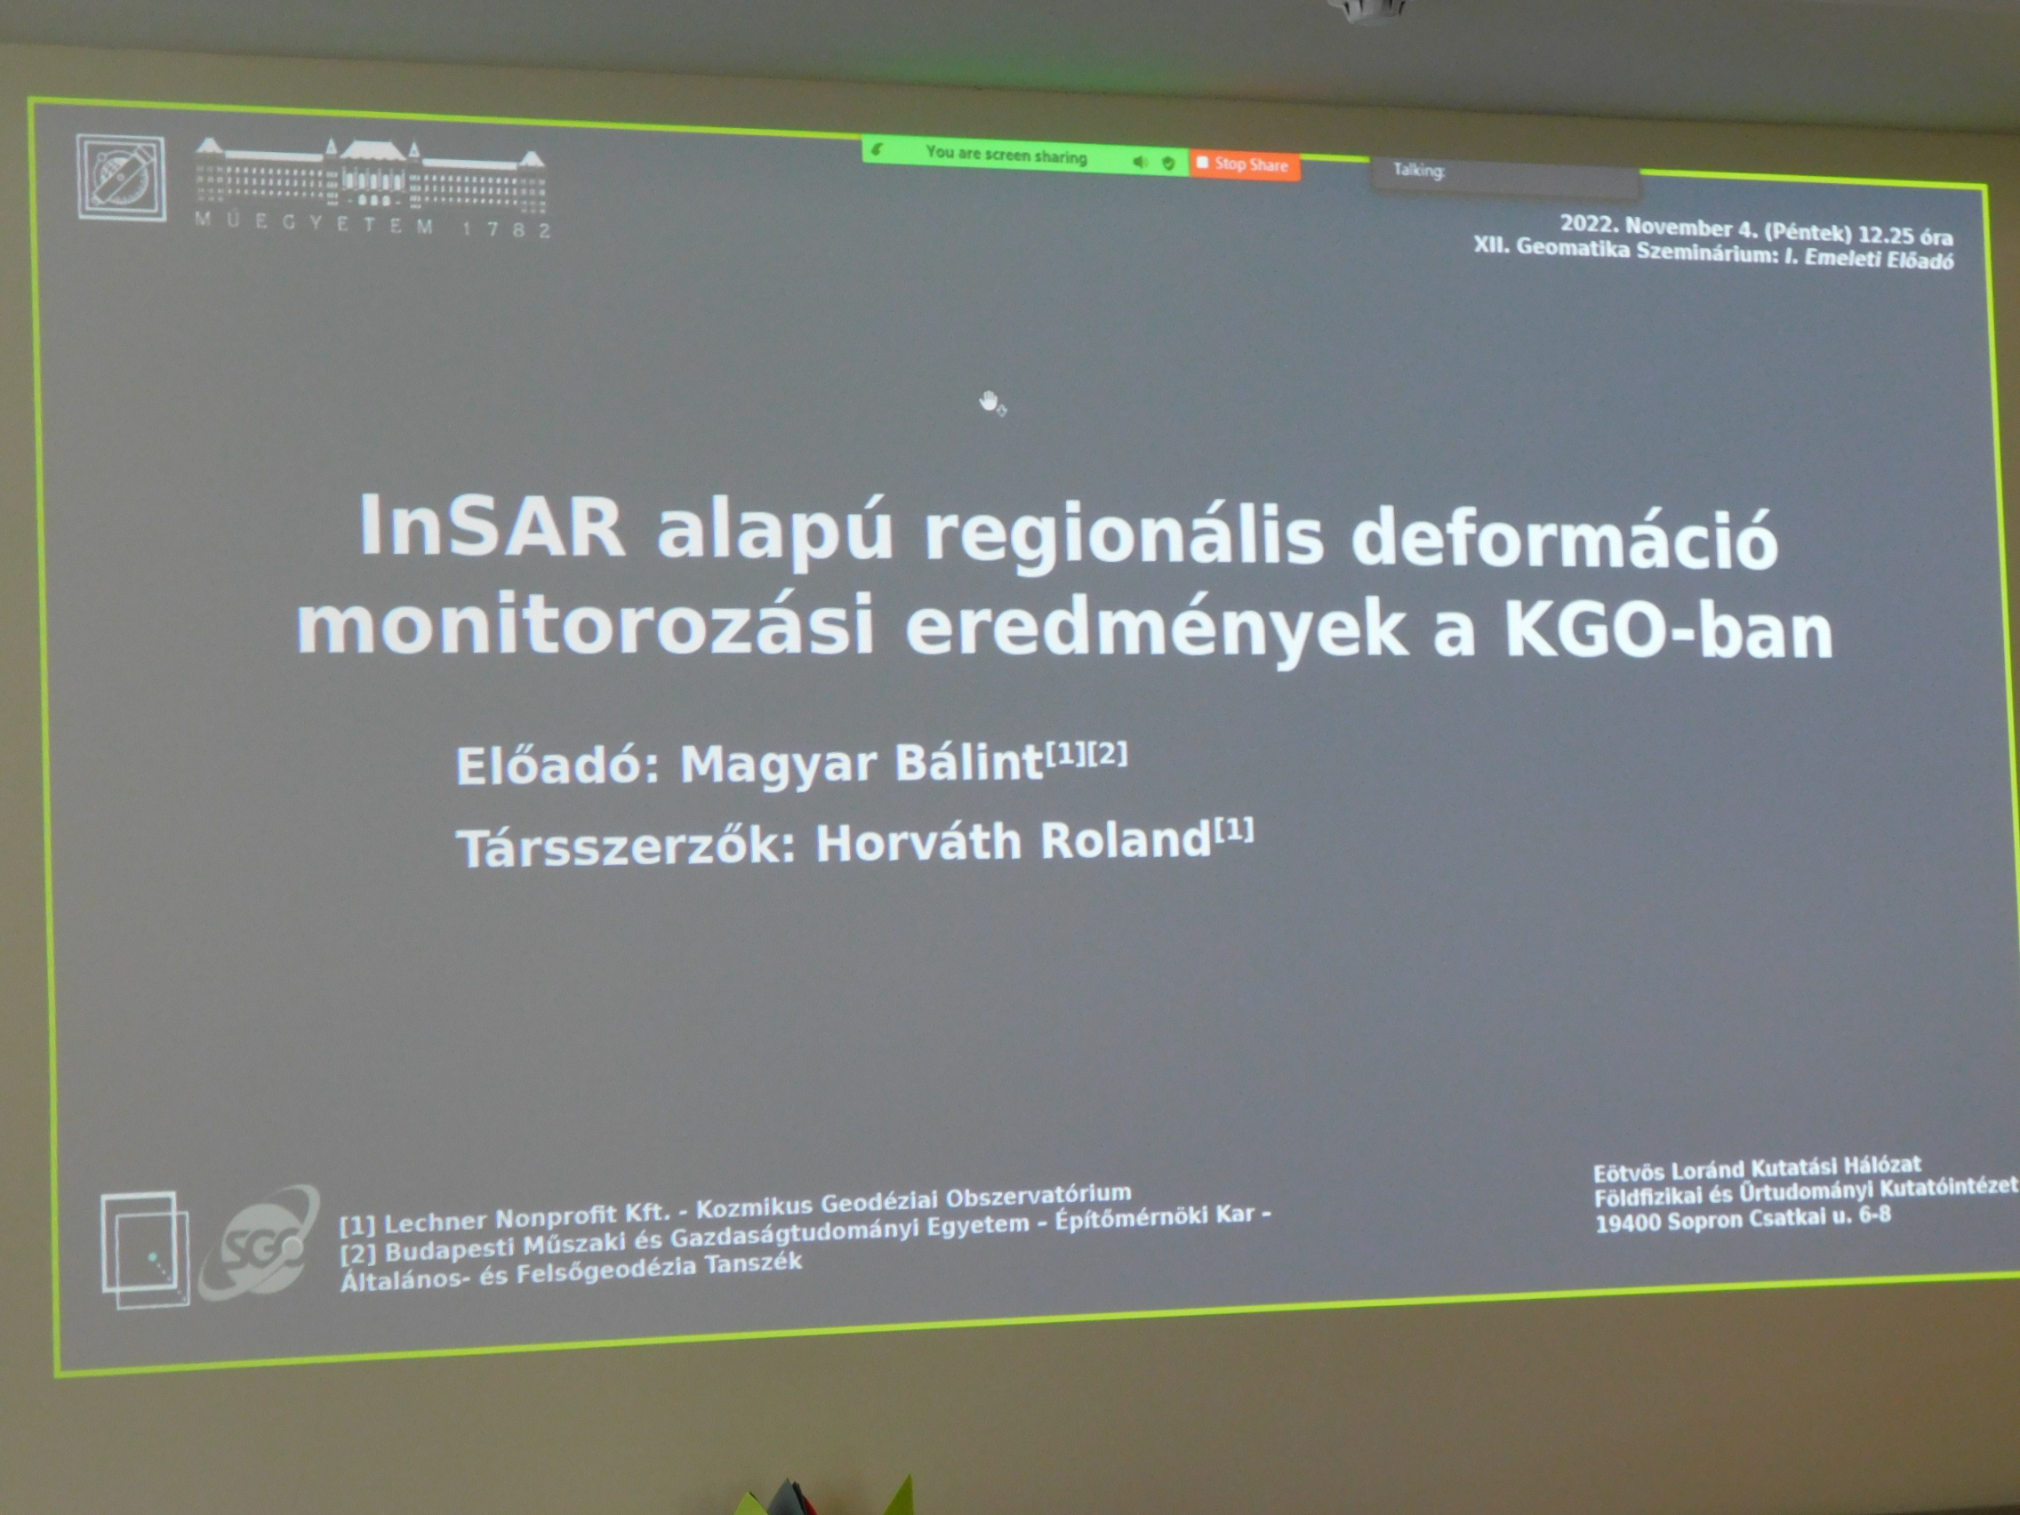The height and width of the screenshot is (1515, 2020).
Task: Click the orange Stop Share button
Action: click(x=1244, y=164)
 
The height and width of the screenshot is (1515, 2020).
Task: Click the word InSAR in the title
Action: click(x=493, y=525)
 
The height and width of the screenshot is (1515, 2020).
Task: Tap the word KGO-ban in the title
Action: click(x=1669, y=631)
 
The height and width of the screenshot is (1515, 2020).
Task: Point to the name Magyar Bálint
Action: click(x=862, y=763)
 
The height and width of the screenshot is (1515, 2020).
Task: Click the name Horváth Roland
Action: click(x=1014, y=841)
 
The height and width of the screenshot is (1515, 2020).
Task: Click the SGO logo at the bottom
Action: click(x=261, y=1242)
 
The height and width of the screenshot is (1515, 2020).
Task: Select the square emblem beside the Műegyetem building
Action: click(x=121, y=178)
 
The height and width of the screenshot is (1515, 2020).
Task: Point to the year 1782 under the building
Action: click(x=506, y=228)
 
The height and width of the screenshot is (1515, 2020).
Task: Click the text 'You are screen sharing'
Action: click(x=1006, y=155)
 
